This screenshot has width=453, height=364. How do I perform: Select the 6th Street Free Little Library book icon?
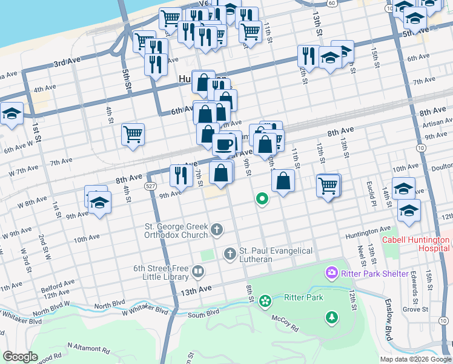click(197, 271)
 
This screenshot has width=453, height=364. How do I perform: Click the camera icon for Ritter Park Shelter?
click(332, 273)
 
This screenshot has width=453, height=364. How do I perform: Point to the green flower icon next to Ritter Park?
click(265, 300)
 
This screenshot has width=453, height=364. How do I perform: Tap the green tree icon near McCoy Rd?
click(332, 316)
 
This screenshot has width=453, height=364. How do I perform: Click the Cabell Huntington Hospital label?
click(417, 243)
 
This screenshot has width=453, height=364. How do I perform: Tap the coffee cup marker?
click(224, 144)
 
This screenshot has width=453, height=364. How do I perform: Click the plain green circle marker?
click(262, 198)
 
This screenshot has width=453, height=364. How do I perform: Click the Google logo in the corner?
click(20, 357)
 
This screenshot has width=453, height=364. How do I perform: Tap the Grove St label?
click(416, 309)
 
